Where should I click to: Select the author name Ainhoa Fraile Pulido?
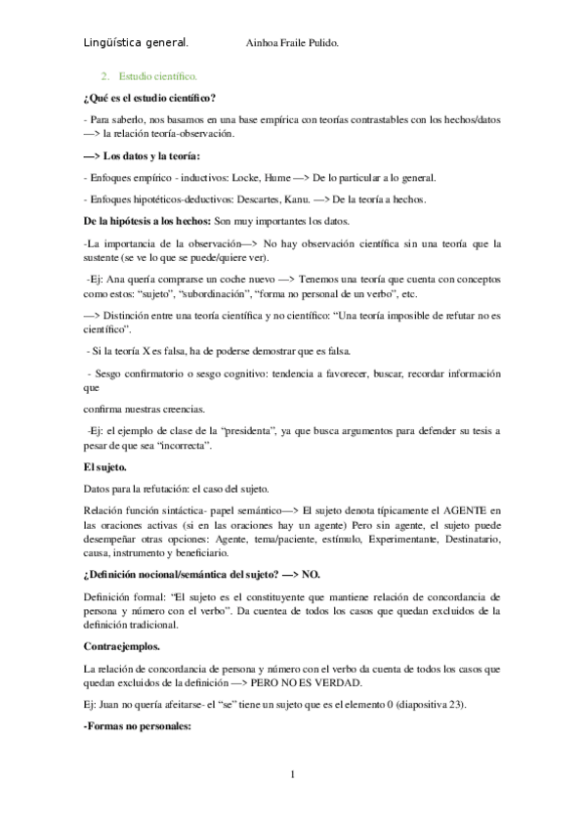click(294, 44)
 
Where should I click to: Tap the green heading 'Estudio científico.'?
click(157, 75)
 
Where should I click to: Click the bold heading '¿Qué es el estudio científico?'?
click(150, 98)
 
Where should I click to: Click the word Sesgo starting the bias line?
click(113, 373)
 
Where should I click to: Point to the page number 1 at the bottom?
click(293, 776)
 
